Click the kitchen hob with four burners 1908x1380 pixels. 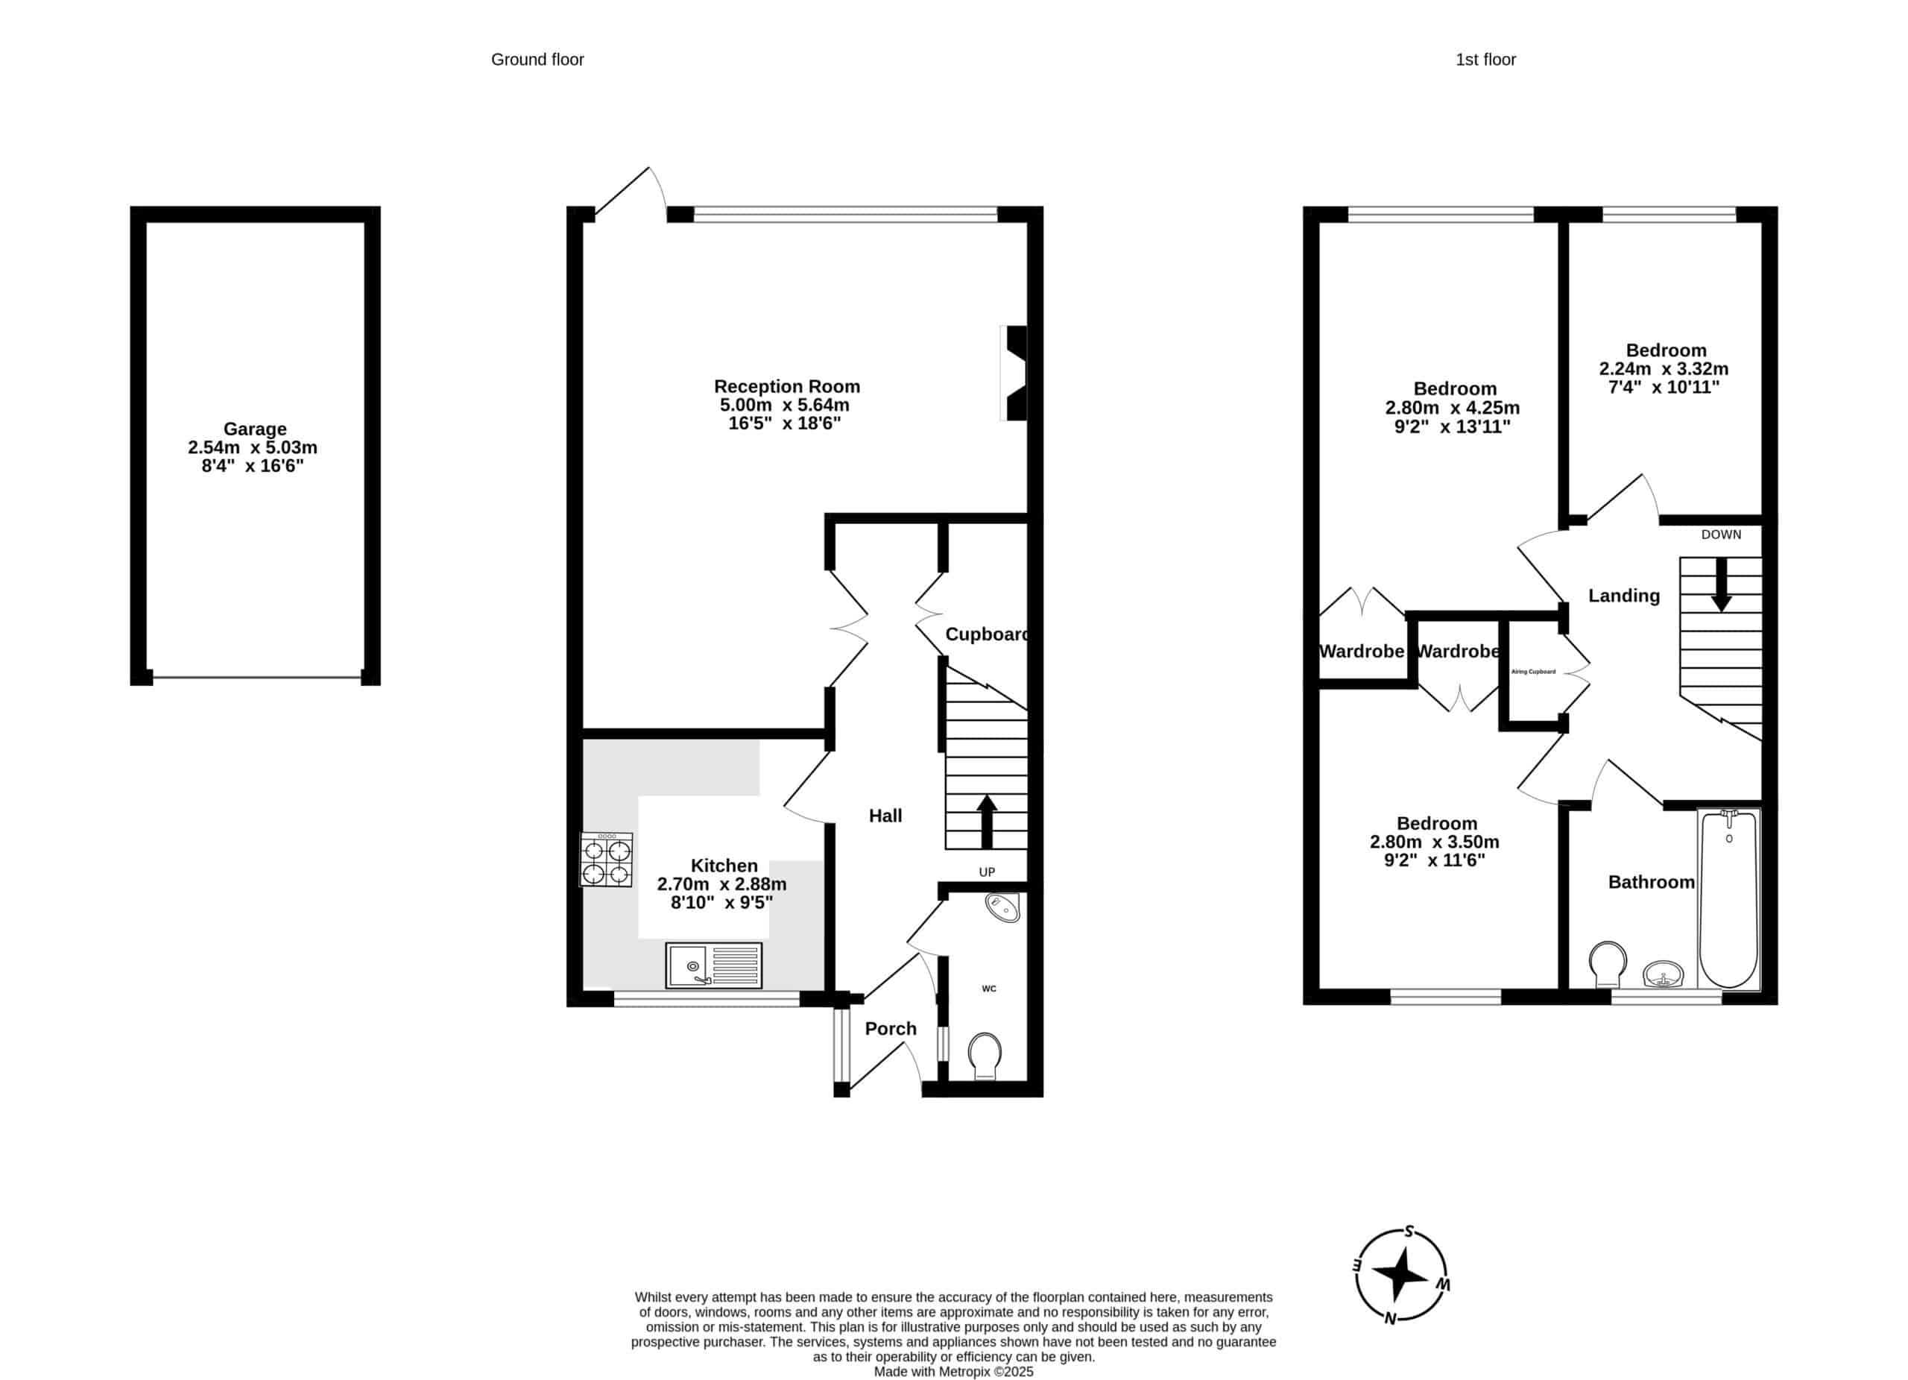(606, 859)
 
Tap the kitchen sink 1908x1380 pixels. (713, 965)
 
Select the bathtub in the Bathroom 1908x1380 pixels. (1728, 898)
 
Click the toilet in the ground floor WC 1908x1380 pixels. (985, 1056)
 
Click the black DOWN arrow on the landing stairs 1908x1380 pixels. (1721, 584)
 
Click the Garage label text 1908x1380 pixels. (255, 429)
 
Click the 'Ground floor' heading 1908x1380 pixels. (537, 60)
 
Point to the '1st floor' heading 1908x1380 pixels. (1485, 60)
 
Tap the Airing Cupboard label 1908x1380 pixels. (1534, 672)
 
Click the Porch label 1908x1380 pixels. (891, 1028)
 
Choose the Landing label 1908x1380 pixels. (1623, 596)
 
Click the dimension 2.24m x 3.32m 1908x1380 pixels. (1664, 368)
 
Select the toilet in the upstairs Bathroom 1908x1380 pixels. (1608, 964)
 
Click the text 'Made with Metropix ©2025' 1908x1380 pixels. (953, 1372)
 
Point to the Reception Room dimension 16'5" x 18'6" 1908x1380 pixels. (785, 423)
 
